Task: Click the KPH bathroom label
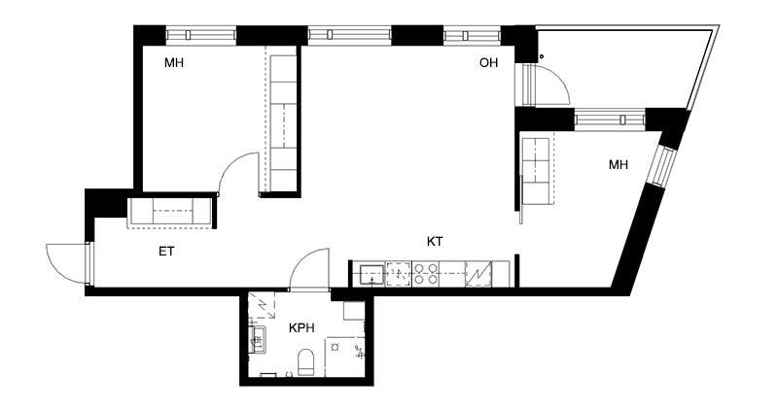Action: pyautogui.click(x=301, y=327)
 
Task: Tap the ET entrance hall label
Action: pyautogui.click(x=166, y=252)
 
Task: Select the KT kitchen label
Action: pyautogui.click(x=435, y=242)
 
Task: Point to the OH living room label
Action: pyautogui.click(x=489, y=62)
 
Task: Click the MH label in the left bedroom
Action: pyautogui.click(x=174, y=62)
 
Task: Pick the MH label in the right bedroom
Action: pyautogui.click(x=619, y=164)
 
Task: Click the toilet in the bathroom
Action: pyautogui.click(x=305, y=362)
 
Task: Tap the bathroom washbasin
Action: pyautogui.click(x=259, y=340)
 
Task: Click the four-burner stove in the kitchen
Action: pyautogui.click(x=426, y=274)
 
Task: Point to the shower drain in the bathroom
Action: pyautogui.click(x=335, y=347)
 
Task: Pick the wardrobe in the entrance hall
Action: pyautogui.click(x=171, y=212)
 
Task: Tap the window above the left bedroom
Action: pyautogui.click(x=201, y=35)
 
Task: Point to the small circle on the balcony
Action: pyautogui.click(x=542, y=56)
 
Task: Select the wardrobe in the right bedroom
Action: pyautogui.click(x=537, y=171)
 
